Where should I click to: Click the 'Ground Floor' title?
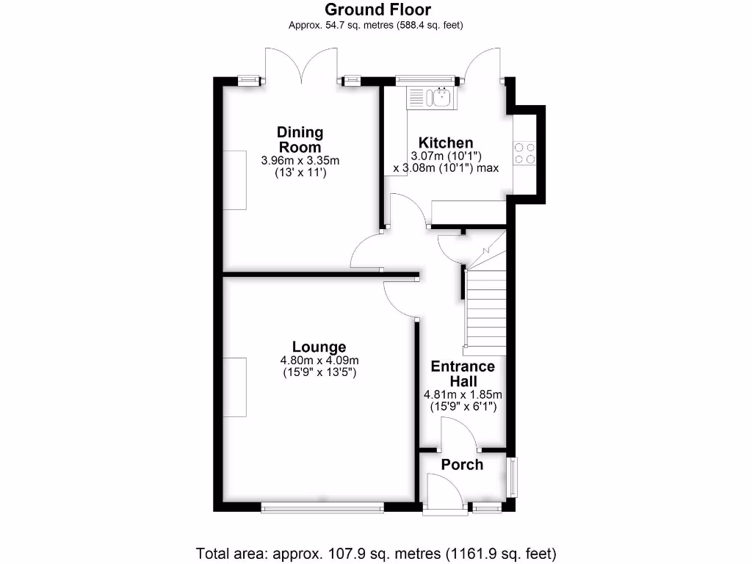coord(377,10)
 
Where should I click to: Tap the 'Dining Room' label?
coord(300,140)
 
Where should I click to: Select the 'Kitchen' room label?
coord(446,142)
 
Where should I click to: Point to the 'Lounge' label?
coord(319,347)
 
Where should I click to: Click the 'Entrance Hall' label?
coord(463,374)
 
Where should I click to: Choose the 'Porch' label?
coord(462,465)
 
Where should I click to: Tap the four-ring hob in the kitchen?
coord(525,153)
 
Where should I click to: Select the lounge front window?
coord(322,506)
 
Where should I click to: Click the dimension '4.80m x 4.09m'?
coord(319,361)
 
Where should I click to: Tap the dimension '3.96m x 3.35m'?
coord(300,160)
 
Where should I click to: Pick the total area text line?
coord(376,552)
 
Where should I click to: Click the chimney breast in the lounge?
coord(234,387)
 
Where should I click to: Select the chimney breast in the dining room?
coord(235,179)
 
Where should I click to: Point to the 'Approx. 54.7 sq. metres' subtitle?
coord(377,25)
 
